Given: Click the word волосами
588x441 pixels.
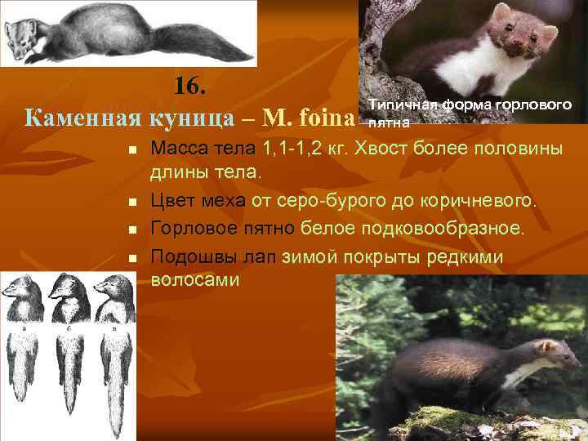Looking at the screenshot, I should (x=194, y=279).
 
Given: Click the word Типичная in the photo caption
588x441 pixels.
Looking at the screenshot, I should (x=404, y=105).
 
